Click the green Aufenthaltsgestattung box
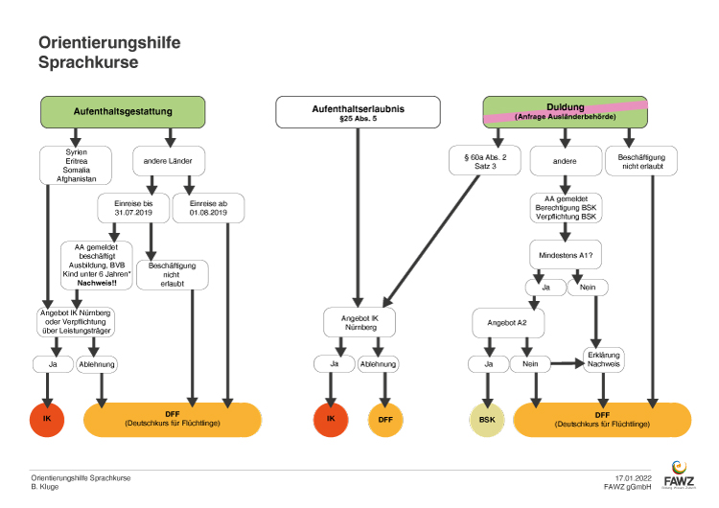point(123,112)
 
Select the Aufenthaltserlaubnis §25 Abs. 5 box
point(358,112)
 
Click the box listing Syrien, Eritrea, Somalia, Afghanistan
point(77,164)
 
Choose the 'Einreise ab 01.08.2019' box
point(208,207)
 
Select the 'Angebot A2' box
point(507,323)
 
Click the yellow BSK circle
point(488,419)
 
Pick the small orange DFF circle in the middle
point(384,419)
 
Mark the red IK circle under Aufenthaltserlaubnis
point(331,419)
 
